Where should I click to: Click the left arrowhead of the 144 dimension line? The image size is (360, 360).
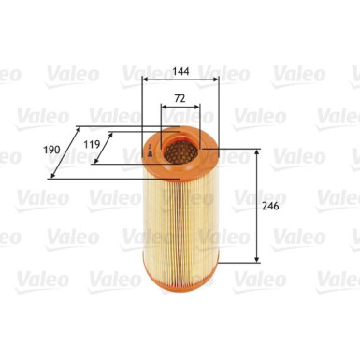145,80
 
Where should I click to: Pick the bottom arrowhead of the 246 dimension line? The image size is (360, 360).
258,260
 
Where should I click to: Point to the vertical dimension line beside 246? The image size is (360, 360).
258,206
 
